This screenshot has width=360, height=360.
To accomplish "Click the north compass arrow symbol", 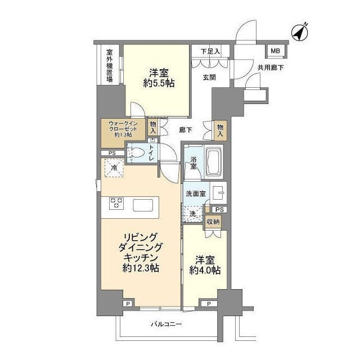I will click(299, 33).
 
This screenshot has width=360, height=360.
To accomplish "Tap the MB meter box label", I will click(275, 51).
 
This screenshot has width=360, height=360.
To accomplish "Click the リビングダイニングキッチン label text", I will click(141, 253).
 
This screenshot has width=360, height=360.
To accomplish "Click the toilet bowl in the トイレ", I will click(137, 152).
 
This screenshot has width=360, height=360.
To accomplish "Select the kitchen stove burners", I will click(117, 202).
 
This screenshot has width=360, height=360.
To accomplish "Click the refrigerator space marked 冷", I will click(114, 168).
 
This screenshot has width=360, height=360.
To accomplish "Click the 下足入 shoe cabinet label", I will click(210, 52).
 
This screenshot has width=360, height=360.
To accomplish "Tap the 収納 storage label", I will click(213, 222).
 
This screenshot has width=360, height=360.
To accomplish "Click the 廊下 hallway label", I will click(186, 129).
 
